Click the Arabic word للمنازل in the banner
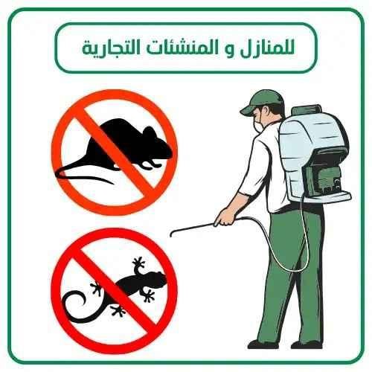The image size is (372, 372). click(269, 48)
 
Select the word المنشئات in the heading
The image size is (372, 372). click(196, 48)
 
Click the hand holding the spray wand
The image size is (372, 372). click(222, 219)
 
